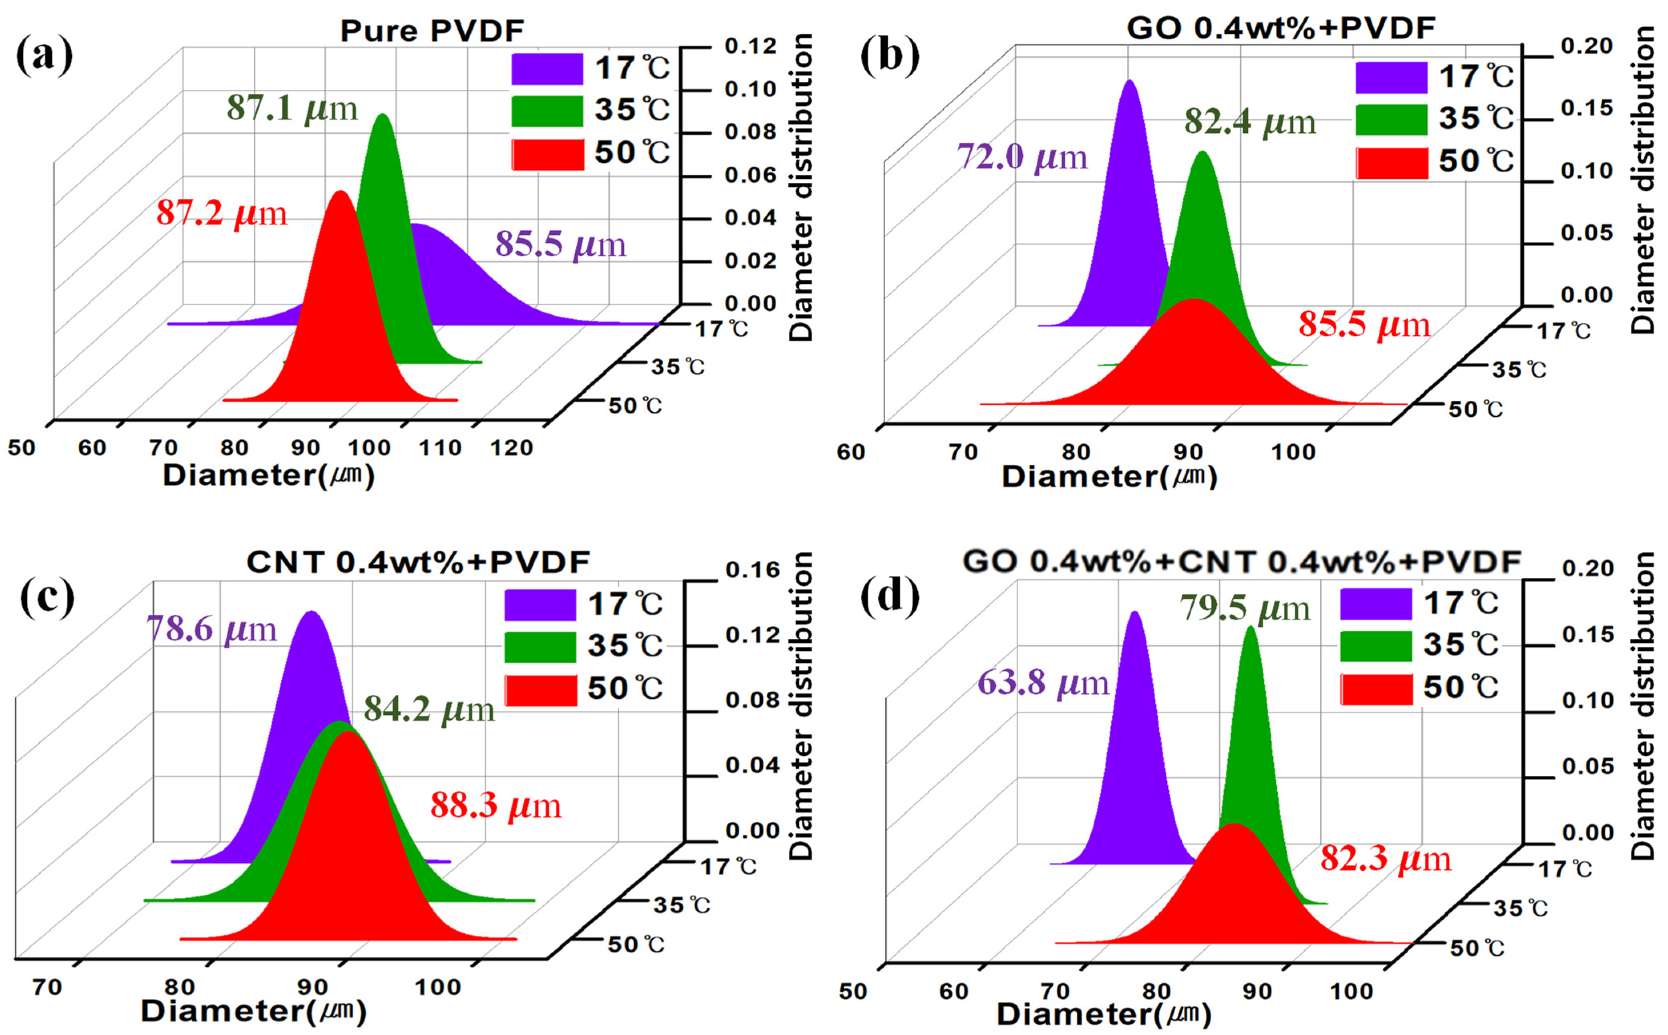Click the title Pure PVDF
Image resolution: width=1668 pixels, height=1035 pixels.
432,31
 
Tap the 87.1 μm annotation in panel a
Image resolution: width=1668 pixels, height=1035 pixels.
292,108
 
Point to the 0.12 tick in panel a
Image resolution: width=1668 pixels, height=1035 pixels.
751,46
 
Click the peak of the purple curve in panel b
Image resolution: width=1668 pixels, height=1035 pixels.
1130,82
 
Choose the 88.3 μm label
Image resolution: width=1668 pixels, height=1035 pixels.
496,806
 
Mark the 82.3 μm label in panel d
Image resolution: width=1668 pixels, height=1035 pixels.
1386,858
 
